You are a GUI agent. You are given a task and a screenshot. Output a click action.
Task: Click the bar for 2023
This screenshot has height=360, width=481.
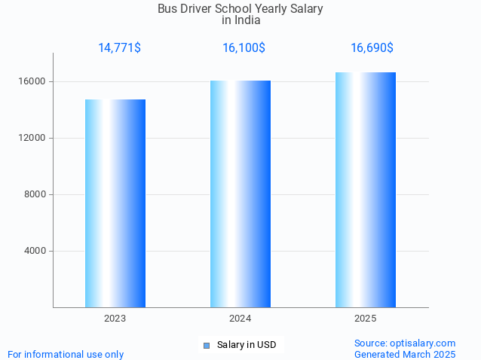click(115, 203)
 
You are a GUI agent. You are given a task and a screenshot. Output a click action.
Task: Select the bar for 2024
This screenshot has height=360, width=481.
click(240, 194)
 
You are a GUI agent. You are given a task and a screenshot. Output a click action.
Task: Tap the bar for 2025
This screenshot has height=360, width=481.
click(366, 190)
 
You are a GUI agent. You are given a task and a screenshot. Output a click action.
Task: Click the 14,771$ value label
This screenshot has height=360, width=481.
click(119, 48)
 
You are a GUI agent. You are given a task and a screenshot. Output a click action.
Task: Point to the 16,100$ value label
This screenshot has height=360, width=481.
click(244, 48)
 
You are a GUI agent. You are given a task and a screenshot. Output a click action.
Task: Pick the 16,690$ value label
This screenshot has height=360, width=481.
click(372, 48)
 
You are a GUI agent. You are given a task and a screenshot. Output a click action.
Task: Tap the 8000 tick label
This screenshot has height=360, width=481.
click(35, 194)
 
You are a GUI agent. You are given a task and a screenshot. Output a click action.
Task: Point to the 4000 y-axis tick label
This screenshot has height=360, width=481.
click(35, 251)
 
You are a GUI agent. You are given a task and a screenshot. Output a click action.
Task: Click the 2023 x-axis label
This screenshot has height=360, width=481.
click(115, 319)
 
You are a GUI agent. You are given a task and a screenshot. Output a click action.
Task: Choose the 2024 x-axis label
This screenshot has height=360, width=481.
click(240, 319)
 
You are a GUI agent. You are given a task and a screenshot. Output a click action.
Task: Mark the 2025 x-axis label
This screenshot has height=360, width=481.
click(366, 319)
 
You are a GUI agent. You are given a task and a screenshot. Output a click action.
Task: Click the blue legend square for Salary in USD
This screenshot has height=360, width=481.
click(206, 346)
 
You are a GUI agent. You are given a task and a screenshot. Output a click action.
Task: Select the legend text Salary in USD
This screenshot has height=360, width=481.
click(247, 346)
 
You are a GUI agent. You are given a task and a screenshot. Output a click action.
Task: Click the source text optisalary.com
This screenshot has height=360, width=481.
click(405, 343)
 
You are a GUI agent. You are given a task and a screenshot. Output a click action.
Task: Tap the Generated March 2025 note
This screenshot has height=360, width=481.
click(405, 354)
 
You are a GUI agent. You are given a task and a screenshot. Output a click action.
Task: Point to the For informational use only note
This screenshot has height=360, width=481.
click(66, 354)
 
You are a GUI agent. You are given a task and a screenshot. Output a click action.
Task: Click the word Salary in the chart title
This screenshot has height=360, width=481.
click(305, 9)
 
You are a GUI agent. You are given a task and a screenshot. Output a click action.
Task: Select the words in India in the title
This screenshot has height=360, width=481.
click(240, 20)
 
